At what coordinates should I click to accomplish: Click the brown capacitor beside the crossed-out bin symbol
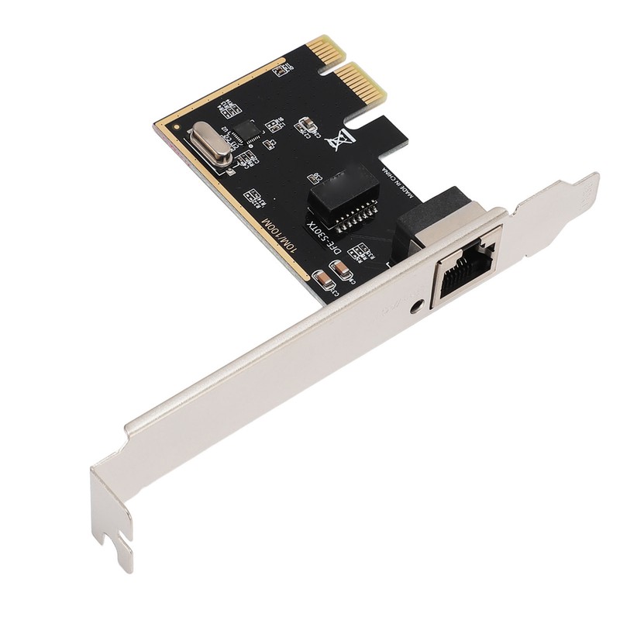point(307,123)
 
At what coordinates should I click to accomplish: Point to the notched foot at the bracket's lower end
point(116,535)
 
